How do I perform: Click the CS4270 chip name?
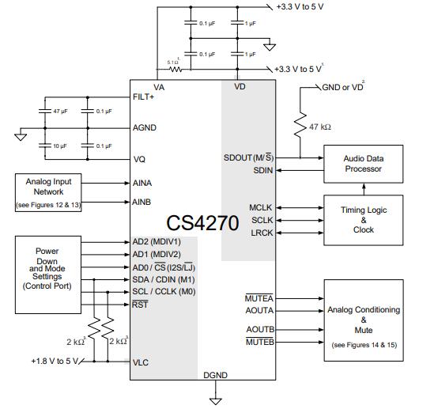(x=202, y=222)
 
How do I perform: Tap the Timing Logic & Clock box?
(x=363, y=219)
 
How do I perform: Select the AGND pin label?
(x=145, y=127)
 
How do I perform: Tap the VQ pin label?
(x=140, y=159)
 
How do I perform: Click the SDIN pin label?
(x=263, y=170)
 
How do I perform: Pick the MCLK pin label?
(x=262, y=208)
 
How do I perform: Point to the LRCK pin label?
(x=262, y=233)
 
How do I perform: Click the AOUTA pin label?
(x=260, y=310)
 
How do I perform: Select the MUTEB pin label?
(x=259, y=342)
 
